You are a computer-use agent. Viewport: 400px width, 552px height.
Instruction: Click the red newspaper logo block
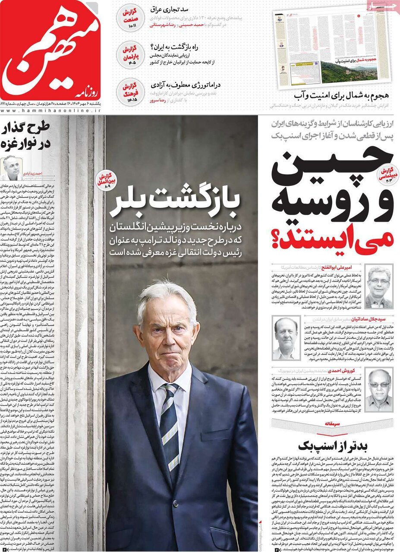click(52, 52)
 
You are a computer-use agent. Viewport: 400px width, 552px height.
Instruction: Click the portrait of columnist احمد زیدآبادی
click(12, 168)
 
